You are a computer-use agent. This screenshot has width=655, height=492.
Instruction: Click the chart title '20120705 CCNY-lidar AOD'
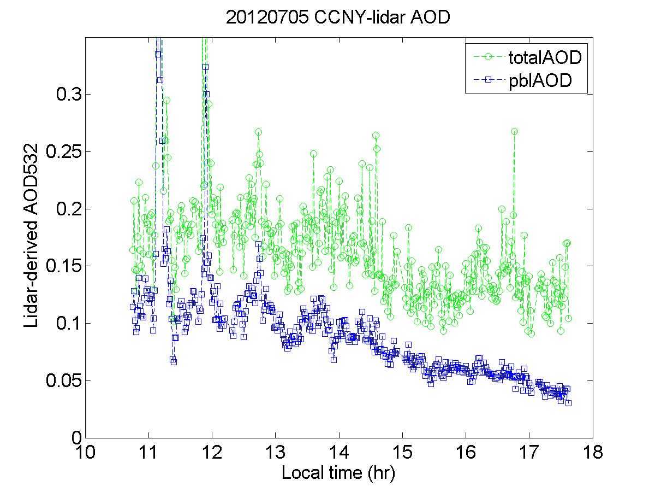338,17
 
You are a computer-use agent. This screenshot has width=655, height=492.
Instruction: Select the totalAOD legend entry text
541,57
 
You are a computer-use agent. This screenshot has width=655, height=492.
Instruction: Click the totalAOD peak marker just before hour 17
514,131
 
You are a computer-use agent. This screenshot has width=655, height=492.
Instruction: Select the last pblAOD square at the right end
568,403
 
